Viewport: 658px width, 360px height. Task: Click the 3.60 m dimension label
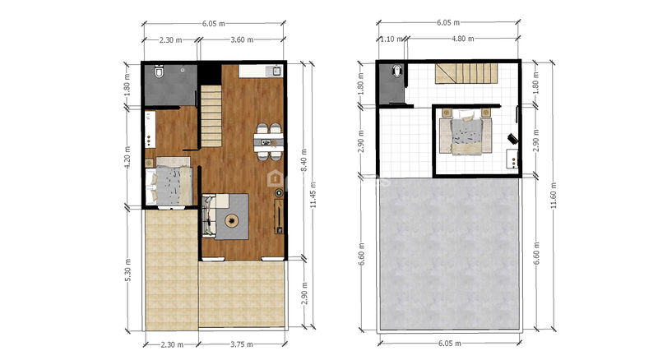pyautogui.click(x=242, y=39)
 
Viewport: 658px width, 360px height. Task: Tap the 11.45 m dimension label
pyautogui.click(x=313, y=195)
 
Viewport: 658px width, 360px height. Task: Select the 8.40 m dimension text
pyautogui.click(x=304, y=159)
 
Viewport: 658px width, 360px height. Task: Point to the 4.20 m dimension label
pyautogui.click(x=128, y=157)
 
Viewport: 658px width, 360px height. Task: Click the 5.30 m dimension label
pyautogui.click(x=128, y=270)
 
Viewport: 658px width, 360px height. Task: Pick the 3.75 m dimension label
pyautogui.click(x=242, y=344)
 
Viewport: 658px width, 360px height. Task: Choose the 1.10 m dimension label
pyautogui.click(x=392, y=39)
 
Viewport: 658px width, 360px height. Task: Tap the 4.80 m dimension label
pyautogui.click(x=463, y=39)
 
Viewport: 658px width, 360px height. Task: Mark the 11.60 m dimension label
pyautogui.click(x=554, y=195)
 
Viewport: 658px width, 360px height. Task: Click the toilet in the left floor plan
pyautogui.click(x=159, y=72)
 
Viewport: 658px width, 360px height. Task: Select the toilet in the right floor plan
pyautogui.click(x=396, y=70)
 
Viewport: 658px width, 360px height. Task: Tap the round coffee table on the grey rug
pyautogui.click(x=232, y=220)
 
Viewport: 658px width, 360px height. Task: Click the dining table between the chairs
pyautogui.click(x=269, y=143)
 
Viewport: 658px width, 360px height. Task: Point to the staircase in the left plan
pyautogui.click(x=211, y=116)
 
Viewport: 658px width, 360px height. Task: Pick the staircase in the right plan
pyautogui.click(x=466, y=74)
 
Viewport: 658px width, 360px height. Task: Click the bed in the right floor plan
pyautogui.click(x=466, y=132)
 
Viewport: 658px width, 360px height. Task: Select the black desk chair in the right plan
pyautogui.click(x=512, y=139)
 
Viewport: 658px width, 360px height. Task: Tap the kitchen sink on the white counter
pyautogui.click(x=276, y=72)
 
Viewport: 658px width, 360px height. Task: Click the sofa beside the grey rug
pyautogui.click(x=208, y=215)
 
